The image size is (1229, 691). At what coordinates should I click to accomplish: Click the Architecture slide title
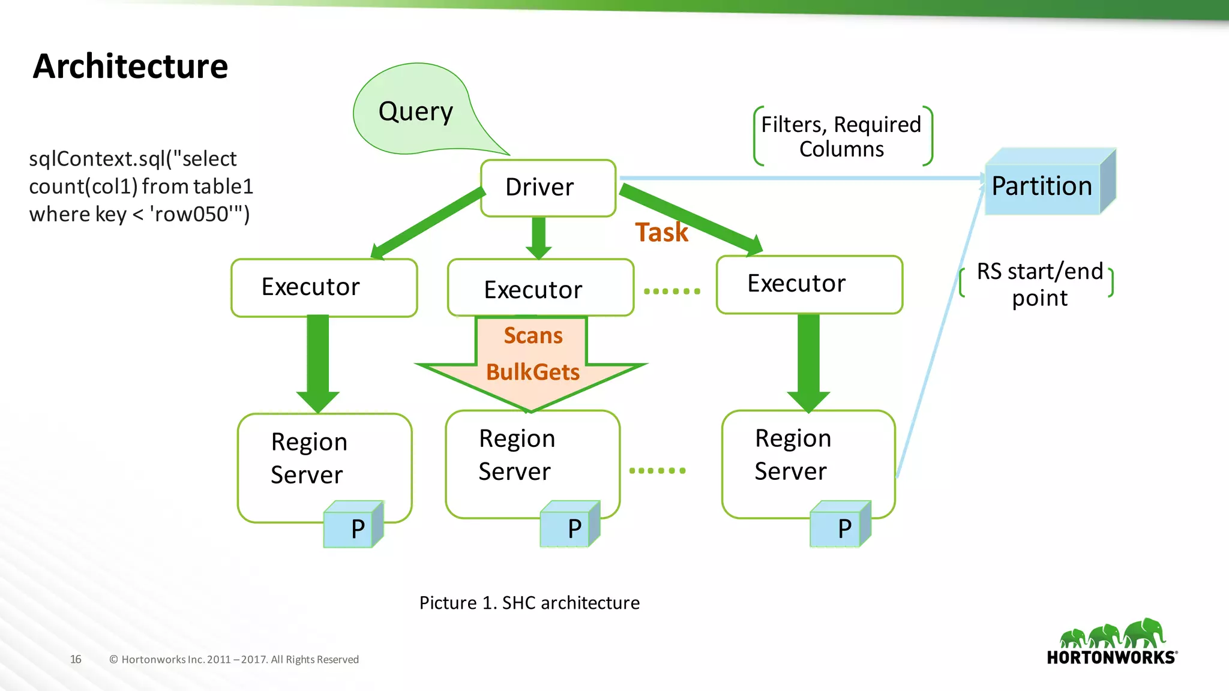tap(130, 66)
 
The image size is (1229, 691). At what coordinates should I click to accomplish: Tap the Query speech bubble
tap(415, 112)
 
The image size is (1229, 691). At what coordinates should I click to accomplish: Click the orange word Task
tap(661, 233)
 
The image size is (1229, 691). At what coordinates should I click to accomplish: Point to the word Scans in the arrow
tap(533, 336)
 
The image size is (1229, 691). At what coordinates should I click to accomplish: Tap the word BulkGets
tap(532, 372)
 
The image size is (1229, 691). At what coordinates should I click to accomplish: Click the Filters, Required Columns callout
tap(841, 137)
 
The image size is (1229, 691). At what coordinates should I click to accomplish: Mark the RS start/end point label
tap(1039, 284)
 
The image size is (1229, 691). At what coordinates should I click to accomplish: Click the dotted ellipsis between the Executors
tap(672, 292)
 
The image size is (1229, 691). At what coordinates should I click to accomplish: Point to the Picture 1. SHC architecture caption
tap(529, 603)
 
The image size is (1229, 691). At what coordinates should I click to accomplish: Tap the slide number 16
tap(76, 659)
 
